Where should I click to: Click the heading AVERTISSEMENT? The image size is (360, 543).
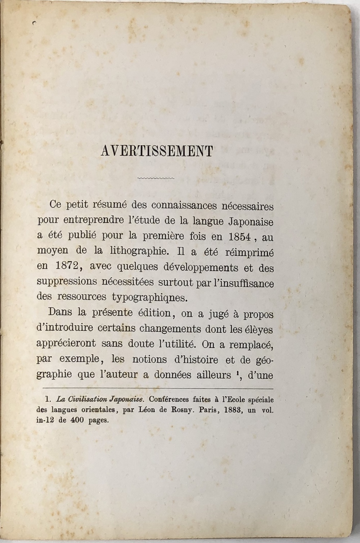[x=157, y=151]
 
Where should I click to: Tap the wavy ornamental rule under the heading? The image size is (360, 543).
[x=156, y=178]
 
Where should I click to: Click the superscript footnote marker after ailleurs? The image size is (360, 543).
[x=239, y=372]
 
